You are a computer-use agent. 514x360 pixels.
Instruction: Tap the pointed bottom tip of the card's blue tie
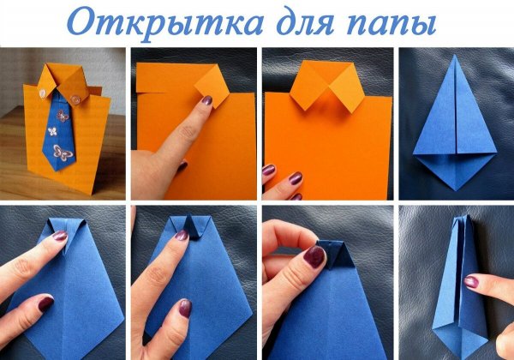click(x=57, y=171)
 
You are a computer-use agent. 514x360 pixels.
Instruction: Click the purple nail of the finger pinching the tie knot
click(x=316, y=256)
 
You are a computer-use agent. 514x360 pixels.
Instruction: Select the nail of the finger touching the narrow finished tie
click(x=472, y=281)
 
